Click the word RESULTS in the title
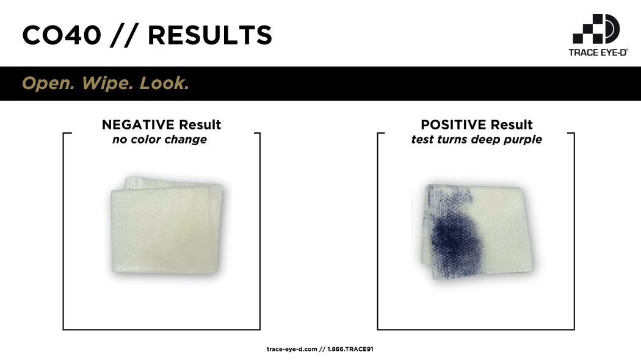[210, 35]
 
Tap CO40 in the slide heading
[62, 35]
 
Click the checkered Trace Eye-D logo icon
[596, 29]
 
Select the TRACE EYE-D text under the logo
[598, 52]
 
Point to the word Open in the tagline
[48, 84]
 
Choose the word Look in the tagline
[164, 84]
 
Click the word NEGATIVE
[138, 124]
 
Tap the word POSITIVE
[454, 124]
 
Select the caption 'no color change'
[159, 140]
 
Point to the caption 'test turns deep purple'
[477, 140]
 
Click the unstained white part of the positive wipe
[504, 229]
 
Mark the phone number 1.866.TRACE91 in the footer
[350, 349]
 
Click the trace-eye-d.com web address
[292, 349]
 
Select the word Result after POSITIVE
[512, 124]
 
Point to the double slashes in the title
[124, 35]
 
